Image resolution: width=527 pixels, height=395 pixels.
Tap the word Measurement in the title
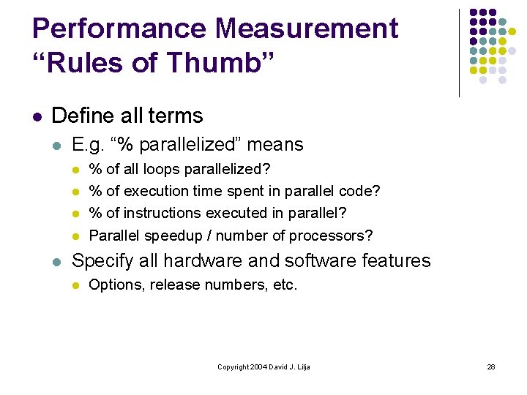[307, 29]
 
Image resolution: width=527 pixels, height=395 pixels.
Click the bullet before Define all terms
[37, 116]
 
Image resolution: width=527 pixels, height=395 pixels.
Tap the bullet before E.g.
[58, 145]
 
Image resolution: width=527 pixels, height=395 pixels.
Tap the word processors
[331, 236]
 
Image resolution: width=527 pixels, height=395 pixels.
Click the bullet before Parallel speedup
[75, 236]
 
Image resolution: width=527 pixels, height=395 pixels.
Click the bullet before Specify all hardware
[58, 262]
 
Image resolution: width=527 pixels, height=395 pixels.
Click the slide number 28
[491, 366]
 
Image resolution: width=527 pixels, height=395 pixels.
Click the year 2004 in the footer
[259, 366]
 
